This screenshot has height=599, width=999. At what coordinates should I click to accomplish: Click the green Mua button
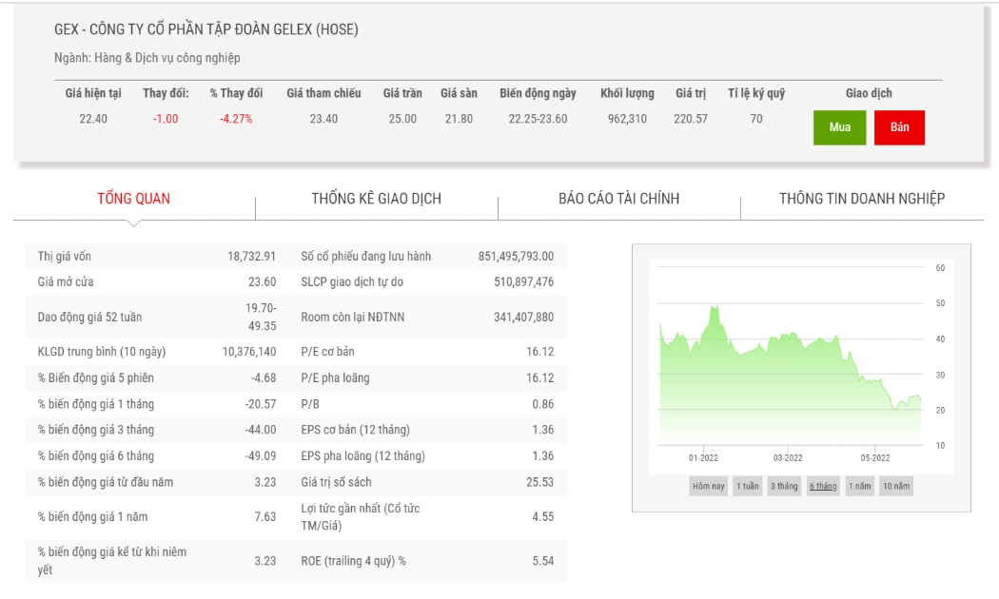839,127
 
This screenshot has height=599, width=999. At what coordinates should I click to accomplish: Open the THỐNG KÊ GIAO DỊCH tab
377,199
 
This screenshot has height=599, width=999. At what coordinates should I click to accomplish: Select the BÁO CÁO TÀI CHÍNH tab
618,199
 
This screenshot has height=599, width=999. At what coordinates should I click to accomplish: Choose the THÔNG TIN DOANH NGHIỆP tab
861,199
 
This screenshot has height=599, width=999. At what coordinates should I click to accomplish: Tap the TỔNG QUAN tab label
134,199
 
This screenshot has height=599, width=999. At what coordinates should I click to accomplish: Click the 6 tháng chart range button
823,486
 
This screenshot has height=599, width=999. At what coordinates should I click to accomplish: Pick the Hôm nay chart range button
709,486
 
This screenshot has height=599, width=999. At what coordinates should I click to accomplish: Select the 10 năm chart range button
896,486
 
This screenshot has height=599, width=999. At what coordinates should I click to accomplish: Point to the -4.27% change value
236,119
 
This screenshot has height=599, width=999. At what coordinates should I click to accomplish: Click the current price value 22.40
93,119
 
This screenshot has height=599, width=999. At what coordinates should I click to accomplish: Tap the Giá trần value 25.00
402,119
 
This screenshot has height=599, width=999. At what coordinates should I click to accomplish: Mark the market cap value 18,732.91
252,257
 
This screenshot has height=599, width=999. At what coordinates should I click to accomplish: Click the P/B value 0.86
543,404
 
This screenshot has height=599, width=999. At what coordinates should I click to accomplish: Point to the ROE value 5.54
543,561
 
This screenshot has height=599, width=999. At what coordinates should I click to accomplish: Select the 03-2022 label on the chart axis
788,457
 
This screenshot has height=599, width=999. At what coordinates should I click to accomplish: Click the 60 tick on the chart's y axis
940,268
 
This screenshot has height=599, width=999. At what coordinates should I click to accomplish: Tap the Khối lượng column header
627,93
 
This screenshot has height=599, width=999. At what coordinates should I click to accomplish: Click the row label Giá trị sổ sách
336,482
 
